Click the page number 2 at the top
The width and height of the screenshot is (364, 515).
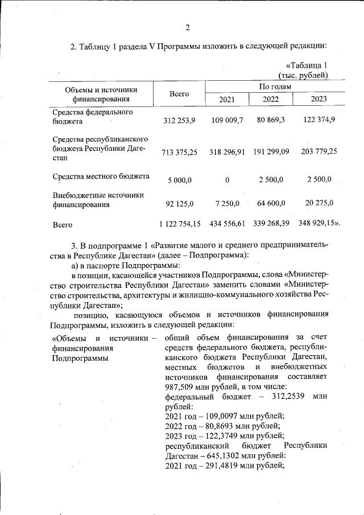pyautogui.click(x=187, y=27)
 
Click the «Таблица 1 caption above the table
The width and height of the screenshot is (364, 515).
pyautogui.click(x=307, y=65)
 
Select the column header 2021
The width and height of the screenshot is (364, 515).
pyautogui.click(x=226, y=100)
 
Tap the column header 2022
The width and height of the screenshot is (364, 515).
pyautogui.click(x=271, y=100)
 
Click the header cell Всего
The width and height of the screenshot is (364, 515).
pyautogui.click(x=179, y=94)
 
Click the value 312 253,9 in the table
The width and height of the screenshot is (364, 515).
pyautogui.click(x=179, y=121)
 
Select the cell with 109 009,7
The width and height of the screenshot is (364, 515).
pyautogui.click(x=227, y=121)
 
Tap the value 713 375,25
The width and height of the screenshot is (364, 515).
pyautogui.click(x=179, y=153)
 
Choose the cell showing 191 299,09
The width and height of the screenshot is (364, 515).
pyautogui.click(x=270, y=152)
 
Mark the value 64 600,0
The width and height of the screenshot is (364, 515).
pyautogui.click(x=270, y=203)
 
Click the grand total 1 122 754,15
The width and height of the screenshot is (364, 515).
pyautogui.click(x=180, y=225)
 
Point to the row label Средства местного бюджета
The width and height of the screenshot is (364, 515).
pyautogui.click(x=101, y=176)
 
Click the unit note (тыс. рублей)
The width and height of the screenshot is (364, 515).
pyautogui.click(x=303, y=75)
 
